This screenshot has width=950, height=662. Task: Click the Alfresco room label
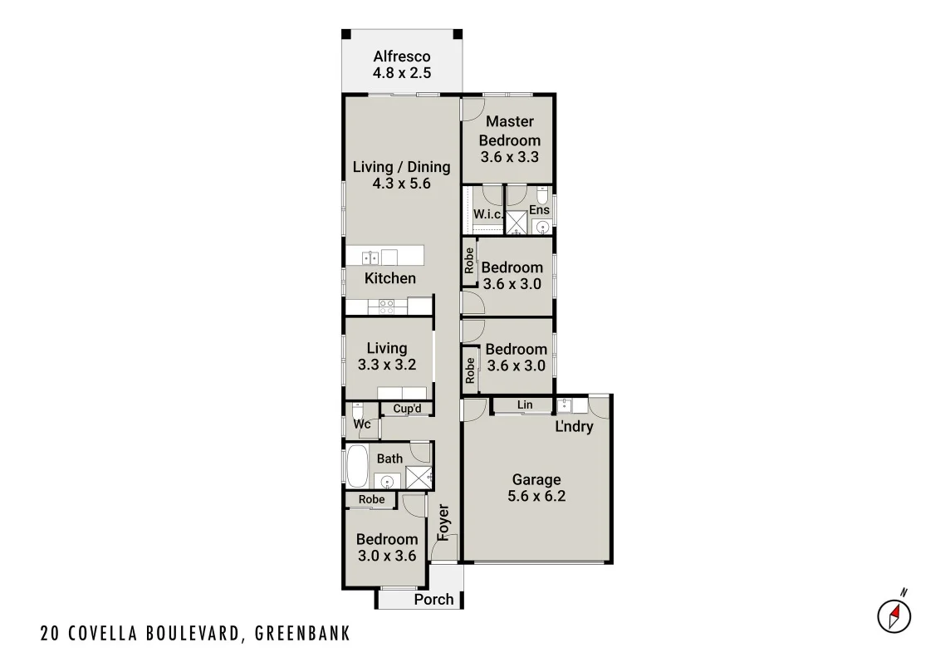pyautogui.click(x=402, y=56)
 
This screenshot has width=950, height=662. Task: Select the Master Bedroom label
pyautogui.click(x=509, y=131)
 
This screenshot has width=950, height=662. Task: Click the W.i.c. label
pyautogui.click(x=487, y=214)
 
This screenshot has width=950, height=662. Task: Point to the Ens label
pyautogui.click(x=539, y=210)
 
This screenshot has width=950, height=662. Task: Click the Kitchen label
pyautogui.click(x=390, y=278)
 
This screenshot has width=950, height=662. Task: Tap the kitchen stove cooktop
pyautogui.click(x=387, y=306)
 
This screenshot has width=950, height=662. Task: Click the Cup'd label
pyautogui.click(x=407, y=409)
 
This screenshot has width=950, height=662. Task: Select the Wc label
pyautogui.click(x=362, y=424)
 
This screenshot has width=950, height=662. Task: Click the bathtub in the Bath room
pyautogui.click(x=358, y=468)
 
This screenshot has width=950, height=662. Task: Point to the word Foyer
pyautogui.click(x=443, y=522)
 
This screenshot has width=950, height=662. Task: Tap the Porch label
pyautogui.click(x=433, y=600)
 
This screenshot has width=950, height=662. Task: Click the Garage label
pyautogui.click(x=536, y=479)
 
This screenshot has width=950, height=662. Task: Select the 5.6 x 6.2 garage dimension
pyautogui.click(x=536, y=497)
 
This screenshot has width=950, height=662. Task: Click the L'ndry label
pyautogui.click(x=573, y=427)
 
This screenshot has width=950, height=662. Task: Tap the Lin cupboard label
pyautogui.click(x=524, y=405)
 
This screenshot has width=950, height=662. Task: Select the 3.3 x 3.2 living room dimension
pyautogui.click(x=387, y=365)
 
